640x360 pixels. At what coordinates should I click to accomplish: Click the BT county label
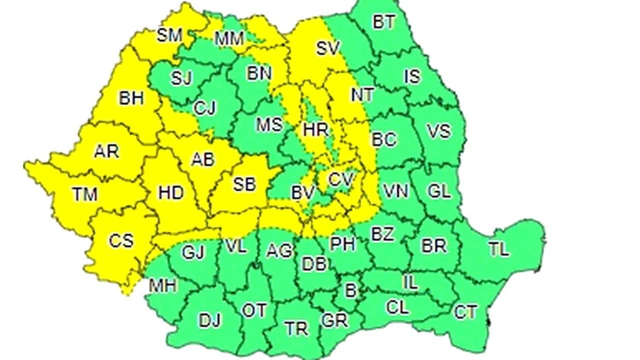384,22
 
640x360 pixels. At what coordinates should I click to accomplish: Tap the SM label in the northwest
169,35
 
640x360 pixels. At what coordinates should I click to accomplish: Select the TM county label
84,194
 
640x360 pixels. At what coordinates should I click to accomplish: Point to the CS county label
121,240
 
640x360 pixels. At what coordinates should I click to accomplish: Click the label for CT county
465,312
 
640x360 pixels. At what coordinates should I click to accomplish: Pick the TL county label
498,249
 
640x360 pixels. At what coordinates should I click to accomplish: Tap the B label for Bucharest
351,290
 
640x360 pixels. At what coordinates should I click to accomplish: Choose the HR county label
315,130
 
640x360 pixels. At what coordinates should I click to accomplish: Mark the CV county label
341,179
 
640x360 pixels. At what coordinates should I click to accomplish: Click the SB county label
244,184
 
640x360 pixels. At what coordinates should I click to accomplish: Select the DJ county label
210,320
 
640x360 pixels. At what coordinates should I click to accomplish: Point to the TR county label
296,328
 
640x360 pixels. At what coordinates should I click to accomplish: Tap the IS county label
412,76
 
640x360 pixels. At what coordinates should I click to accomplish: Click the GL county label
439,190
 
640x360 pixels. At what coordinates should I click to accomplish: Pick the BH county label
131,98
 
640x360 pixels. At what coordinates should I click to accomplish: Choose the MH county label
162,286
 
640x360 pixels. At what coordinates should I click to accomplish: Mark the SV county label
327,48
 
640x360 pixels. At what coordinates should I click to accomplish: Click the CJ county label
204,108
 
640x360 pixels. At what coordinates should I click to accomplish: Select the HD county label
171,192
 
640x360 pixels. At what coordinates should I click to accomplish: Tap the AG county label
278,250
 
